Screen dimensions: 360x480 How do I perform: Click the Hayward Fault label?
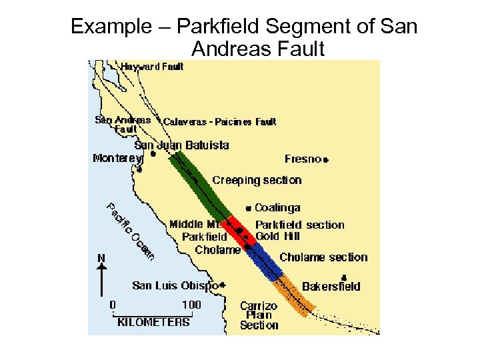(x=152, y=66)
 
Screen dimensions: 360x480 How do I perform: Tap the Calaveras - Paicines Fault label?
(x=219, y=121)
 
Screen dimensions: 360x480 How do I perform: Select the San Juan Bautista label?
(x=181, y=145)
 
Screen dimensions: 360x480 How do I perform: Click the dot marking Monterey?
(x=139, y=169)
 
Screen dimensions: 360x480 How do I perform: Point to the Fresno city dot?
(x=327, y=159)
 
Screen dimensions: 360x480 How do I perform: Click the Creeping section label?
(x=257, y=180)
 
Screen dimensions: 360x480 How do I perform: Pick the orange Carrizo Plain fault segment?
(x=296, y=293)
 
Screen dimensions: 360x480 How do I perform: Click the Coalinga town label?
(x=277, y=208)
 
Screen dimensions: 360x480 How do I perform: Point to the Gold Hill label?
(x=278, y=236)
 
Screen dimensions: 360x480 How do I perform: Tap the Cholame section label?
(x=323, y=257)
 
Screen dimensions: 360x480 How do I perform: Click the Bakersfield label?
(x=331, y=287)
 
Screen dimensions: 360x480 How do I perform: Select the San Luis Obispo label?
(x=175, y=285)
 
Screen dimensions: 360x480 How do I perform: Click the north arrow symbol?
(x=101, y=277)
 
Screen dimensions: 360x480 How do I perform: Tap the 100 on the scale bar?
(x=191, y=305)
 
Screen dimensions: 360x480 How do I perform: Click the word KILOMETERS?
(x=153, y=322)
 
